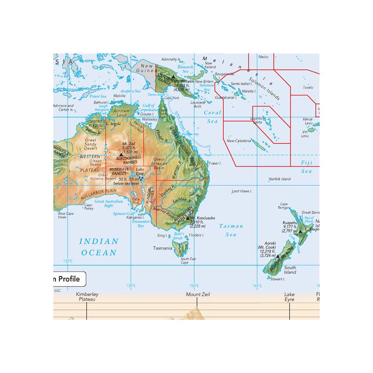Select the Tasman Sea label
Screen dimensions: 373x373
pyautogui.click(x=231, y=230)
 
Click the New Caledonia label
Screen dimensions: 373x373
pyautogui.click(x=238, y=141)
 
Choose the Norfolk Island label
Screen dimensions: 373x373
pyautogui.click(x=279, y=179)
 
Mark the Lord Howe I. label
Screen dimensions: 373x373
pyautogui.click(x=241, y=190)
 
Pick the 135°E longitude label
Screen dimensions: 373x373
pyautogui.click(x=131, y=286)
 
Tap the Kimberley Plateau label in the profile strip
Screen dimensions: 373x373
pyautogui.click(x=87, y=297)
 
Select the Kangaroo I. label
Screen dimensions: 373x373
pyautogui.click(x=136, y=217)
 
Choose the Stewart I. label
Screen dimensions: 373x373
pyautogui.click(x=278, y=279)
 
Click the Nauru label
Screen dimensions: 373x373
pyautogui.click(x=263, y=56)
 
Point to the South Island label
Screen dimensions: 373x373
pyautogui.click(x=290, y=270)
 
